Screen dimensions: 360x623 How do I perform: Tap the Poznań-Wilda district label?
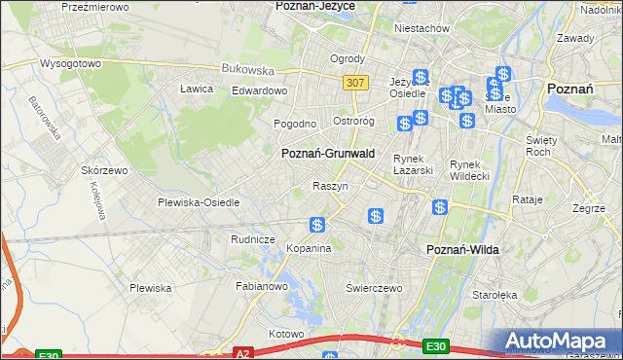(x=462, y=250)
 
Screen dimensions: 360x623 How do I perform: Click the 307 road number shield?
(x=355, y=84)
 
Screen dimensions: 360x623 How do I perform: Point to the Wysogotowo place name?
(x=70, y=63)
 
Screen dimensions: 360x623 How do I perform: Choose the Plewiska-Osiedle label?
(x=199, y=202)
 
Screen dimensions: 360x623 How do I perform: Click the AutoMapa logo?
(x=560, y=342)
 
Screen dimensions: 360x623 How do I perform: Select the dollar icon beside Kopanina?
(x=317, y=226)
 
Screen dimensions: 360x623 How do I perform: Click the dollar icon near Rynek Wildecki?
(x=440, y=207)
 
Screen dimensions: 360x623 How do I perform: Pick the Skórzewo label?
(x=105, y=169)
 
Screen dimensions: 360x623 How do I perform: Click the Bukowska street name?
(x=248, y=70)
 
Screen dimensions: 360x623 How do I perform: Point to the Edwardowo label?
(x=259, y=90)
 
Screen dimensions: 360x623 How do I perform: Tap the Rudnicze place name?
(x=253, y=238)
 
